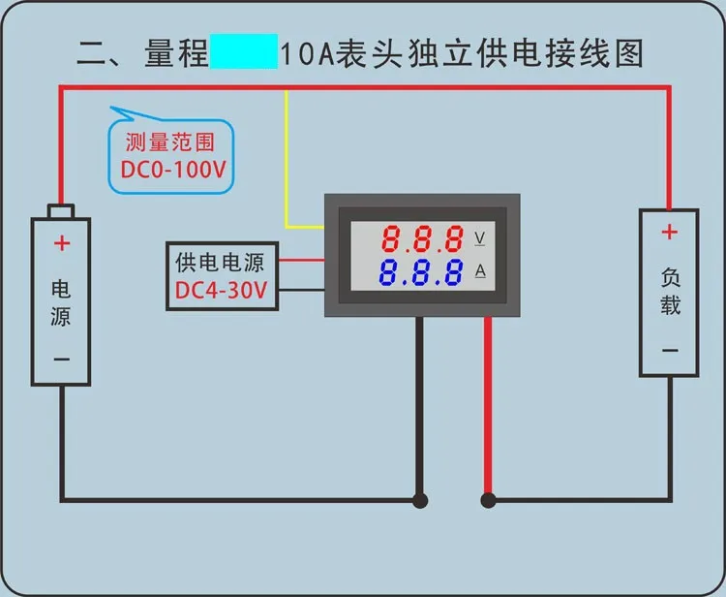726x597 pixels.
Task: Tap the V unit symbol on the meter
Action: coord(479,238)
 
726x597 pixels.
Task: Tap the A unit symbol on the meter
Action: coord(479,271)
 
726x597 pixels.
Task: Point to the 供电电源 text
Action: coord(220,262)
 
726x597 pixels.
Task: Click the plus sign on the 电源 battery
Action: coord(62,243)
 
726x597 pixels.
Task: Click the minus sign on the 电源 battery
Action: coord(62,360)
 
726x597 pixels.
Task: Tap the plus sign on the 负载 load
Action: coord(669,233)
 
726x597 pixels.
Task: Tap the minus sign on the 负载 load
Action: coord(669,351)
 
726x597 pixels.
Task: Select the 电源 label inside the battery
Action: coord(61,302)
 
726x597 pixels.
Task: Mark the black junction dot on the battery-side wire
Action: coord(419,501)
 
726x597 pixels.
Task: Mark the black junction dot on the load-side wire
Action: coord(488,501)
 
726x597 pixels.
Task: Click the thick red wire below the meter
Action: coord(488,407)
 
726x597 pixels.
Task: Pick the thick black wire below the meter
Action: coord(419,407)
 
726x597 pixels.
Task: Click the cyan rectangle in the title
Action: coord(243,52)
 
